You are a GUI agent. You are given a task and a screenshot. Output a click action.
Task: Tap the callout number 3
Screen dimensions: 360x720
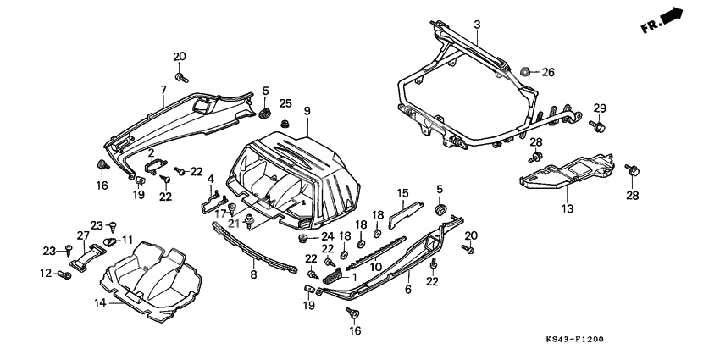(x=477, y=25)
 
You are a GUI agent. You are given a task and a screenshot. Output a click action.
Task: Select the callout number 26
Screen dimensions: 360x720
(x=547, y=72)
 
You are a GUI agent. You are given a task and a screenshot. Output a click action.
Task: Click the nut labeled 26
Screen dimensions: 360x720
(x=527, y=72)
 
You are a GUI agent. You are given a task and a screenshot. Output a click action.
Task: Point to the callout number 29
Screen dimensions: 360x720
(x=600, y=108)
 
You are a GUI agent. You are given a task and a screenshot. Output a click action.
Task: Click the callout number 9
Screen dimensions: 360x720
(x=307, y=110)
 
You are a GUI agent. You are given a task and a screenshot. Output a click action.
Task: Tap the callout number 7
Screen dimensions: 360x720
(x=163, y=89)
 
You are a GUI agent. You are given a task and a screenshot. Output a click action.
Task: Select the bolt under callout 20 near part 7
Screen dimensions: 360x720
(x=180, y=77)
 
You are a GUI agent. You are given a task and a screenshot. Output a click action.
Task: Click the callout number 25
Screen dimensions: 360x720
(x=285, y=103)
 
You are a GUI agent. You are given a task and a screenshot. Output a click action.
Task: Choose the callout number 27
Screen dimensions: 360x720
(x=84, y=235)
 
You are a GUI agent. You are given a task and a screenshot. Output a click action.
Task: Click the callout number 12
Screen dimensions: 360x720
(x=45, y=272)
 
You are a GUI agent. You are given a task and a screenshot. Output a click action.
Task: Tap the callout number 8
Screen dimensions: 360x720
(x=252, y=275)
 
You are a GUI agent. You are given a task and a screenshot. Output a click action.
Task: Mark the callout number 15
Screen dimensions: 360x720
(x=403, y=192)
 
